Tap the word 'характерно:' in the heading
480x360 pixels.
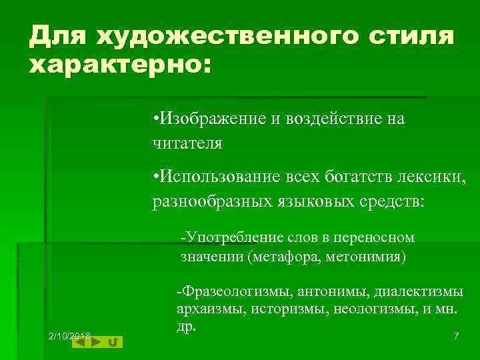tap(119, 67)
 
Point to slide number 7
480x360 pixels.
tap(456, 336)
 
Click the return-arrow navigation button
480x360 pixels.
tap(113, 342)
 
